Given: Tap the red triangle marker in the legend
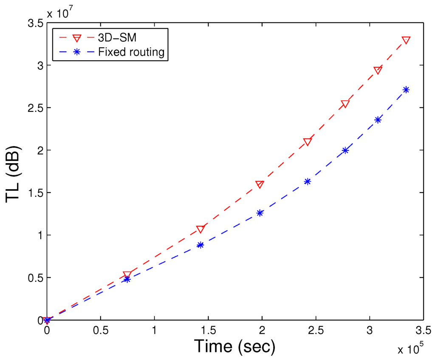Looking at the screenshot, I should (77, 38).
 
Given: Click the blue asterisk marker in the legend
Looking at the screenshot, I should (77, 52).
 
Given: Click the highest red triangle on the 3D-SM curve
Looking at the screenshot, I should (406, 40).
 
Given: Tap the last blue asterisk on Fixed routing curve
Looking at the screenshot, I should (406, 90).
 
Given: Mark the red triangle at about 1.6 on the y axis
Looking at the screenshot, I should (260, 184).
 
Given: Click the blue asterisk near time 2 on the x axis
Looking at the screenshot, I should (260, 213).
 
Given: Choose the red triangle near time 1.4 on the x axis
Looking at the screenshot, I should (201, 229).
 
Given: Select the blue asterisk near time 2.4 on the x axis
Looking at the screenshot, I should (308, 181).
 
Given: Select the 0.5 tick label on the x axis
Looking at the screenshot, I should (100, 330).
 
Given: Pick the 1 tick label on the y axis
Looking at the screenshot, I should (38, 235).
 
